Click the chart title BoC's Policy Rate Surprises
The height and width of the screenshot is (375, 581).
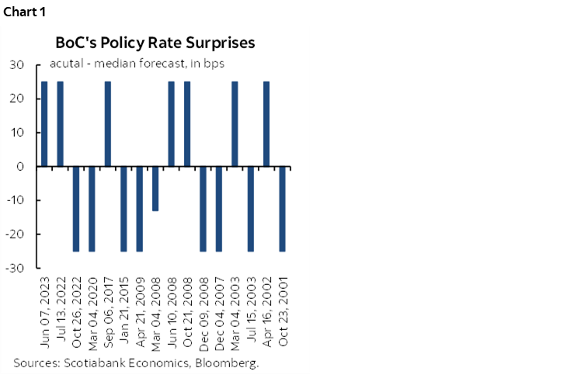tap(155, 42)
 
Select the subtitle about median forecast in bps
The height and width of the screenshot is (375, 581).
tap(137, 64)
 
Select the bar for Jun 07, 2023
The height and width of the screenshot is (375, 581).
tap(44, 123)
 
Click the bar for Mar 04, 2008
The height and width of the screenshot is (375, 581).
tap(155, 189)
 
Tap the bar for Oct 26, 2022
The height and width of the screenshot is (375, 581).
tap(76, 209)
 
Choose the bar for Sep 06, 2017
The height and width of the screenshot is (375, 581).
tap(108, 123)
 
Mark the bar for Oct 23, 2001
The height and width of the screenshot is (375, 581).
tap(283, 209)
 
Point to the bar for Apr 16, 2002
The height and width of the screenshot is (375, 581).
tap(266, 123)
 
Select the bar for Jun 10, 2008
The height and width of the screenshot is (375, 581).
tap(172, 123)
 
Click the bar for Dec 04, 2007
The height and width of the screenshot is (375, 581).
tap(219, 209)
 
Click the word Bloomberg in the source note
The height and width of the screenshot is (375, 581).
tap(230, 363)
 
